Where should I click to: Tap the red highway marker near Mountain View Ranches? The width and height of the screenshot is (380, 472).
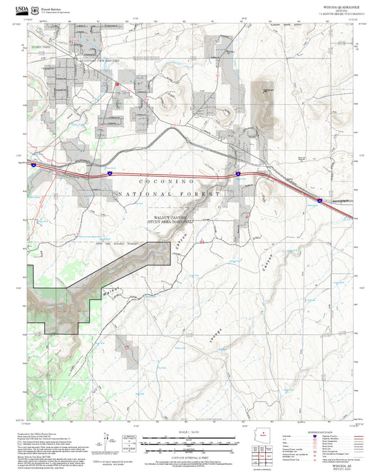point(118,83)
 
